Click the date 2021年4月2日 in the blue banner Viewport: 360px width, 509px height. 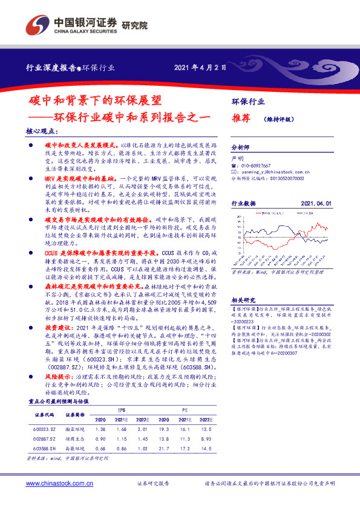tap(200, 67)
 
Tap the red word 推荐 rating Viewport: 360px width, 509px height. tap(242, 119)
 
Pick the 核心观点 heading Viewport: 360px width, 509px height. tap(42, 131)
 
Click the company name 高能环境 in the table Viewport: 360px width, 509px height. tap(74, 448)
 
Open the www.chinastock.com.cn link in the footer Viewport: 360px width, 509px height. tap(59, 484)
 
